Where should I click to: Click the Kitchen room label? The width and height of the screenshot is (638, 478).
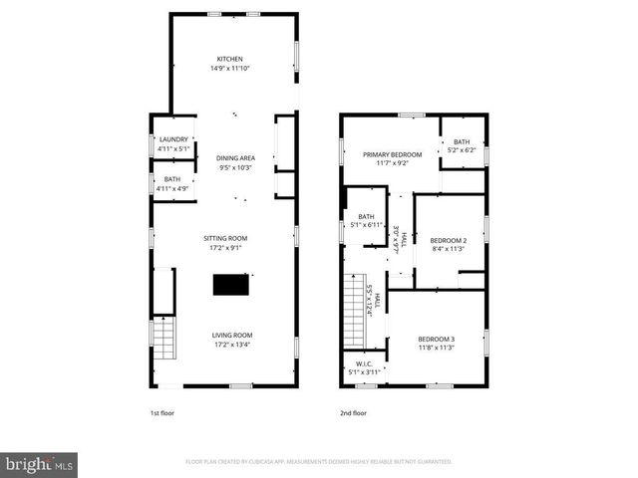[230, 59]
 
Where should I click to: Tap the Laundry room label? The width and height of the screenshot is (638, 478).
[174, 139]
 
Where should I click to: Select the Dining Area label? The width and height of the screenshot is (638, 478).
[235, 158]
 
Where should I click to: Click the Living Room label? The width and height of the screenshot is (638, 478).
[231, 335]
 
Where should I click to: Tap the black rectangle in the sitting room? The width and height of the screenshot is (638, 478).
[231, 286]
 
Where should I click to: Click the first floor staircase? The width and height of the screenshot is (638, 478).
[162, 342]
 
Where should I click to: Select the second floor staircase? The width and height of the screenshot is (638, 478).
[354, 311]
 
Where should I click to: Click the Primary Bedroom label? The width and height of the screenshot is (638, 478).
[392, 154]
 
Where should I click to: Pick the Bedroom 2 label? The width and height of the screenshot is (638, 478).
[449, 240]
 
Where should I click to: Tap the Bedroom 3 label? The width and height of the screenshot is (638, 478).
[436, 340]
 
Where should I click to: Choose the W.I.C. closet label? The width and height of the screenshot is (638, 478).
[364, 363]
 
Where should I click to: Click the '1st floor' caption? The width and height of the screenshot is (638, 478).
[161, 412]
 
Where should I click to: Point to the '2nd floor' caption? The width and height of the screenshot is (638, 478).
[353, 412]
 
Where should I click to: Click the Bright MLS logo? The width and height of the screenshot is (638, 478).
[40, 464]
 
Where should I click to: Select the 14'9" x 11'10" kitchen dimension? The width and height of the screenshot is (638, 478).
[230, 69]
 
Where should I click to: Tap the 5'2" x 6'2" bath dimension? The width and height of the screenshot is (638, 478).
[463, 150]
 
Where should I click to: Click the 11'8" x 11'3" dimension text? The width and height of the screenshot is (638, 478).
[436, 349]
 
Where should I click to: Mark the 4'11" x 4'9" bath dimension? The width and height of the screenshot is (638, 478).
[173, 187]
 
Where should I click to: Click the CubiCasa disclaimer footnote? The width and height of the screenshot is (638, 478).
[319, 462]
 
